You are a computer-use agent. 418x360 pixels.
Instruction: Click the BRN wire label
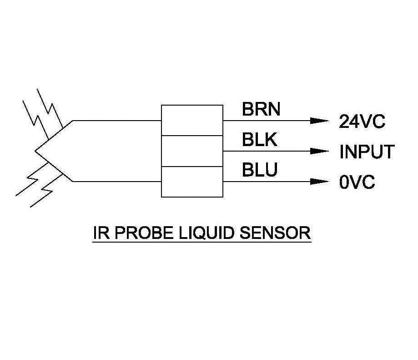(261, 109)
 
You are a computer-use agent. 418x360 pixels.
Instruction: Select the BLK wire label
(260, 140)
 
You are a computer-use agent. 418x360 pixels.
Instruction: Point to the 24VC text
(362, 122)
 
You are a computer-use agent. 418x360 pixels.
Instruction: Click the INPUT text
(367, 152)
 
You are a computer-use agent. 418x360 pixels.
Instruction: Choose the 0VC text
(357, 183)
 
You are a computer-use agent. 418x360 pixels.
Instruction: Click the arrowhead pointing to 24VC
(319, 121)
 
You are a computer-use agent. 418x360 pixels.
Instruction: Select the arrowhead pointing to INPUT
(319, 151)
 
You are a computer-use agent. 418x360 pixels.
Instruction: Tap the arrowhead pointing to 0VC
(319, 181)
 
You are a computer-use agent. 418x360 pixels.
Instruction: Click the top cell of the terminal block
(192, 121)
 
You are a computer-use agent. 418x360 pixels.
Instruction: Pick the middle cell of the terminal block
(192, 151)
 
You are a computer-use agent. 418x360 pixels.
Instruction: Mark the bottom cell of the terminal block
(192, 182)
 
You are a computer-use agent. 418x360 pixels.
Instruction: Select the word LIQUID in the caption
(207, 233)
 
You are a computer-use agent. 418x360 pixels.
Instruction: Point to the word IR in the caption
(101, 233)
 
